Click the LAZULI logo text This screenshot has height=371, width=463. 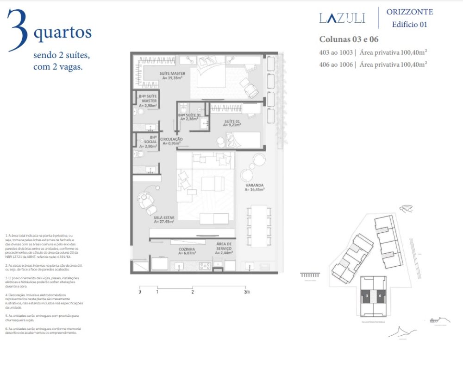point(342,18)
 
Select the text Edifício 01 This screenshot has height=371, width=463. point(409,25)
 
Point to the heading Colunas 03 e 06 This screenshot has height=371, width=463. point(349,39)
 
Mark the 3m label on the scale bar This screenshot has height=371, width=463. point(247,292)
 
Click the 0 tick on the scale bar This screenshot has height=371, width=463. point(139,292)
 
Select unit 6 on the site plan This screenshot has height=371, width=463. point(380,295)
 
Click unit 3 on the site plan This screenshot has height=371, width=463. point(367,295)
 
